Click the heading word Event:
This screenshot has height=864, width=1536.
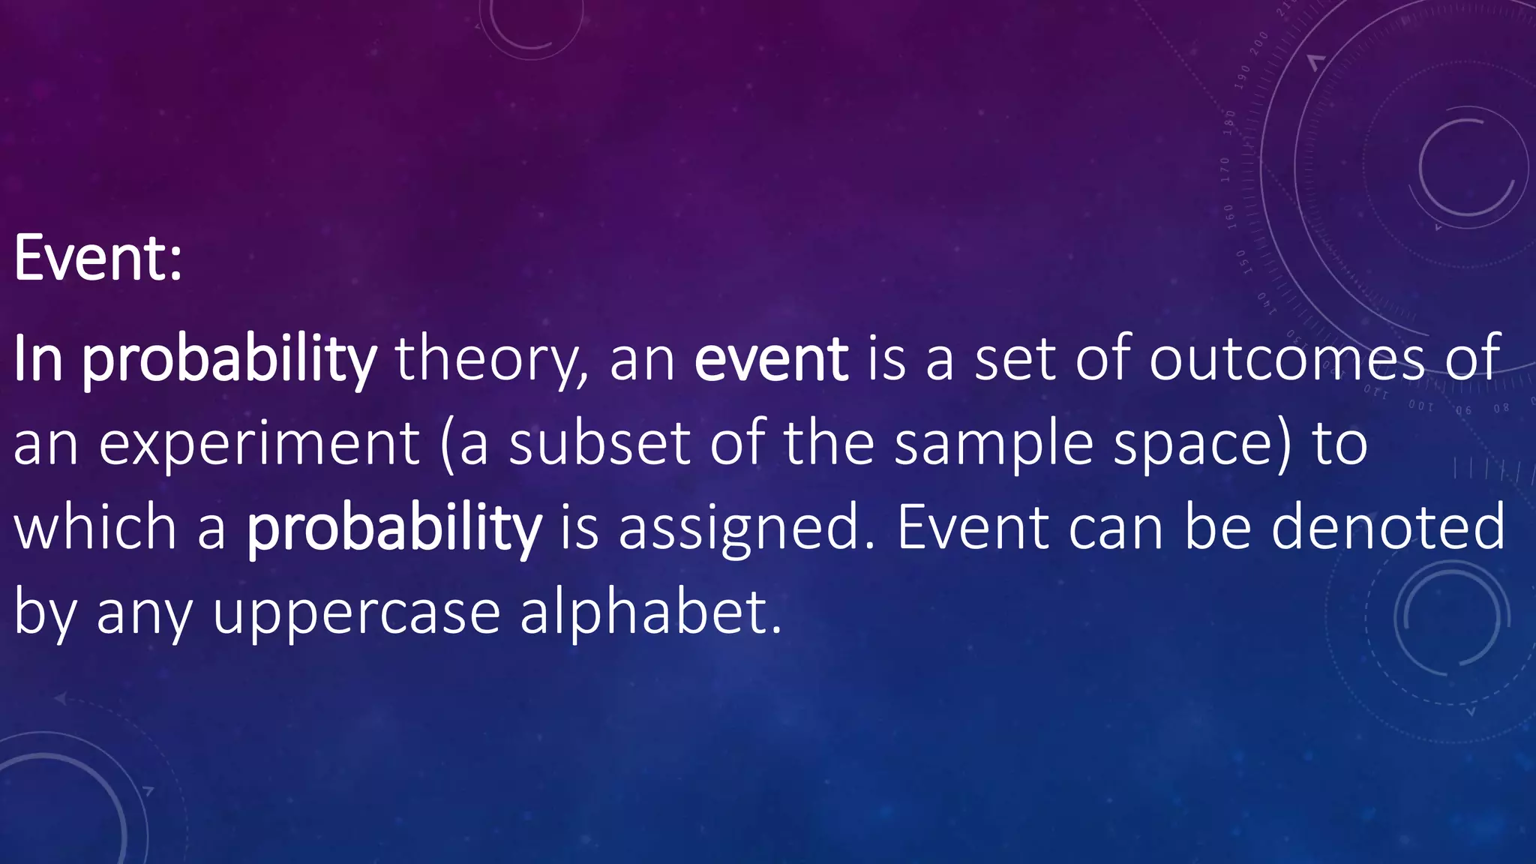click(x=97, y=258)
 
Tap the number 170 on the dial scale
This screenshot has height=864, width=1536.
click(x=1225, y=170)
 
